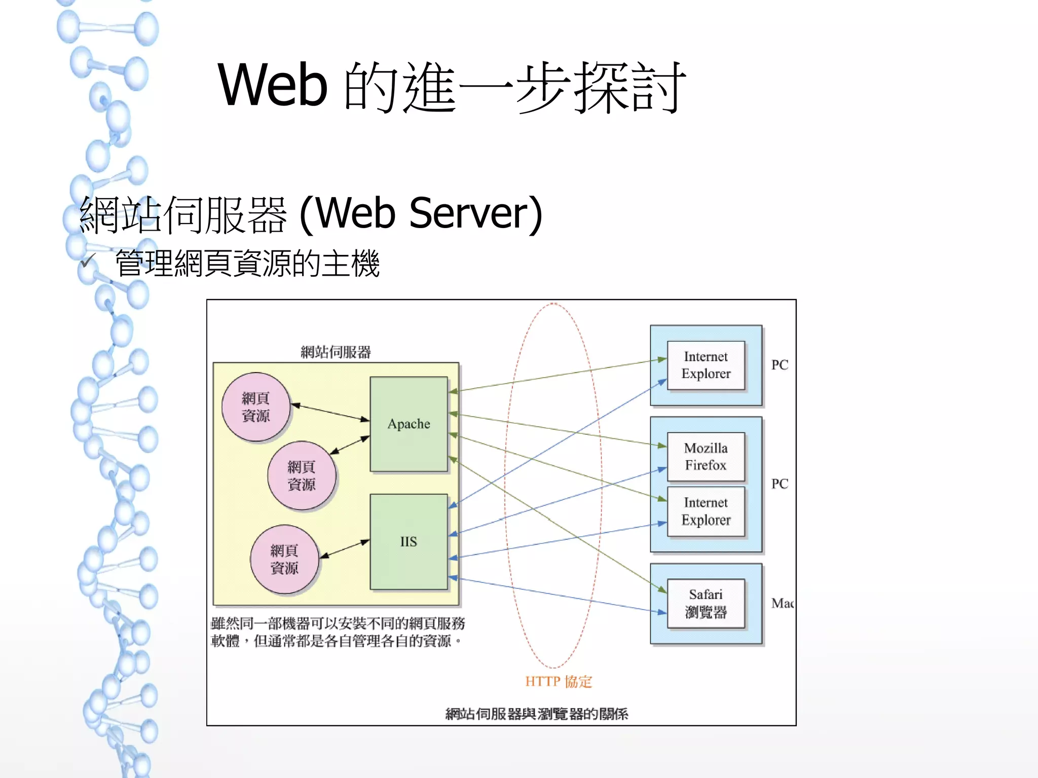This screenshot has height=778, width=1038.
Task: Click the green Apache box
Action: click(409, 424)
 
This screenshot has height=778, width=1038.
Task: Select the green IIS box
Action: click(409, 541)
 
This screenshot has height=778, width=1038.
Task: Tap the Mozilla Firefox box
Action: click(706, 456)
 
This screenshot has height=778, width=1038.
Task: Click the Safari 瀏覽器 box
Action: click(706, 603)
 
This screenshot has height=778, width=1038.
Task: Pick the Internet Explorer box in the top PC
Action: click(706, 365)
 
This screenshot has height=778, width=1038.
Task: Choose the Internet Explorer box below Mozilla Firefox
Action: click(706, 511)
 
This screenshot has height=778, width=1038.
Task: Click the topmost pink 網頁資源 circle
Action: click(256, 407)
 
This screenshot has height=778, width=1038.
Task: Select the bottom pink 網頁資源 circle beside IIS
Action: click(284, 559)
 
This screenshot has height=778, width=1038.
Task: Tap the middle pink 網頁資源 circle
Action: click(302, 475)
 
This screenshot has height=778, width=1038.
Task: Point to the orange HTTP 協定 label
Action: click(558, 681)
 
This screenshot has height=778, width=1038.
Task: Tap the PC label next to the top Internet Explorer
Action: click(780, 365)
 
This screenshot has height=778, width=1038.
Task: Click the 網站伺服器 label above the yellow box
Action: click(336, 352)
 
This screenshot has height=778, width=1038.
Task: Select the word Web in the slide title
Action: click(273, 85)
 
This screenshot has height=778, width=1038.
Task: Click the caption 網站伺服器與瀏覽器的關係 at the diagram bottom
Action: click(536, 714)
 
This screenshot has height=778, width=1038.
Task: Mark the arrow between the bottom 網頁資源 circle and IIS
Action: click(345, 549)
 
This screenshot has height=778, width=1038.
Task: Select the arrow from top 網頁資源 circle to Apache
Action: click(330, 412)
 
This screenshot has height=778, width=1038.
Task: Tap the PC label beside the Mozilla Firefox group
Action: click(780, 484)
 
